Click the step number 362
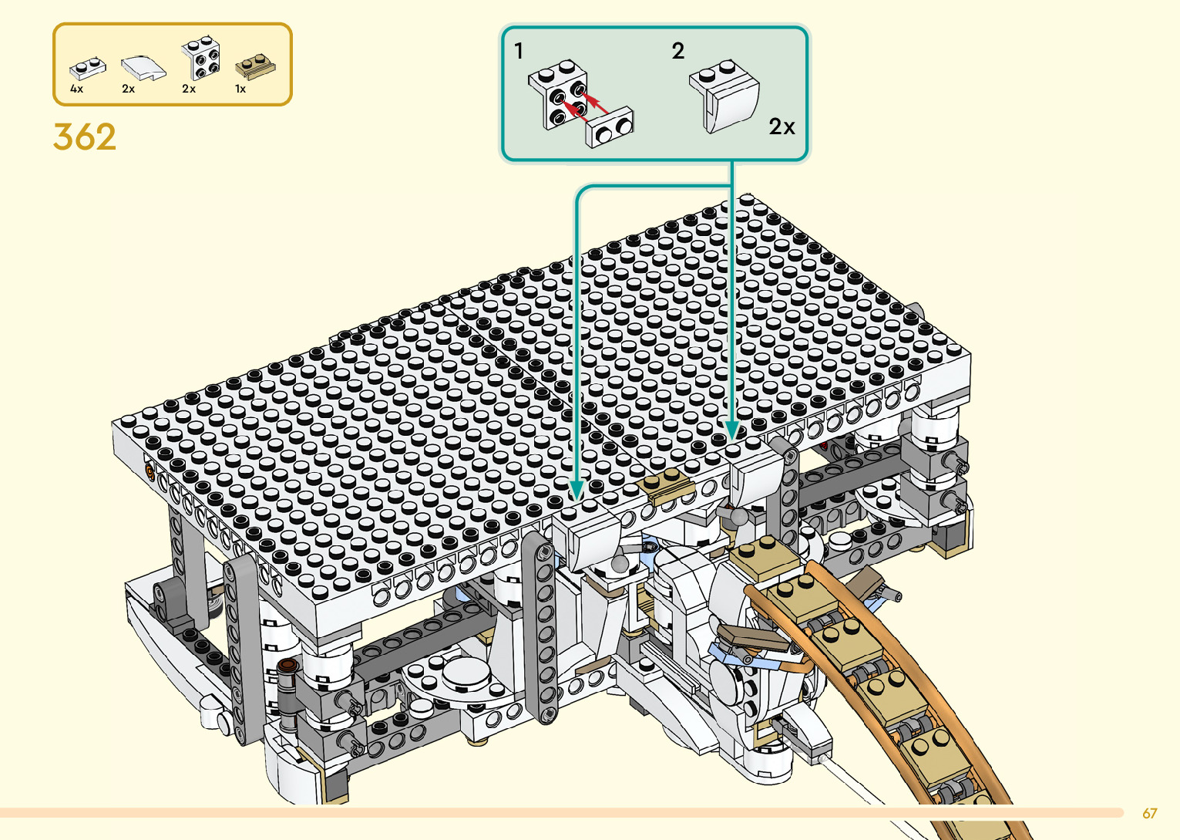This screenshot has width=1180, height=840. (84, 137)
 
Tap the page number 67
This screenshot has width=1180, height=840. (1149, 813)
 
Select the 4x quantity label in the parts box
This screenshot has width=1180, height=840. (76, 89)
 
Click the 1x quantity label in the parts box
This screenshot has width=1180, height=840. (240, 89)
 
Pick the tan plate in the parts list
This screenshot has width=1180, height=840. (255, 66)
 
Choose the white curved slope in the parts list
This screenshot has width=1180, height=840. (143, 68)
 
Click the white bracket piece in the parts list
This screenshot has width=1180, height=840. (200, 57)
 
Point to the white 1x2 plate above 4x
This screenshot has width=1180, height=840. (87, 68)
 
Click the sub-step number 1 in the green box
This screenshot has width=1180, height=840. (519, 51)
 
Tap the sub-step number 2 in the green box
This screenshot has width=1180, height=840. (678, 51)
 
